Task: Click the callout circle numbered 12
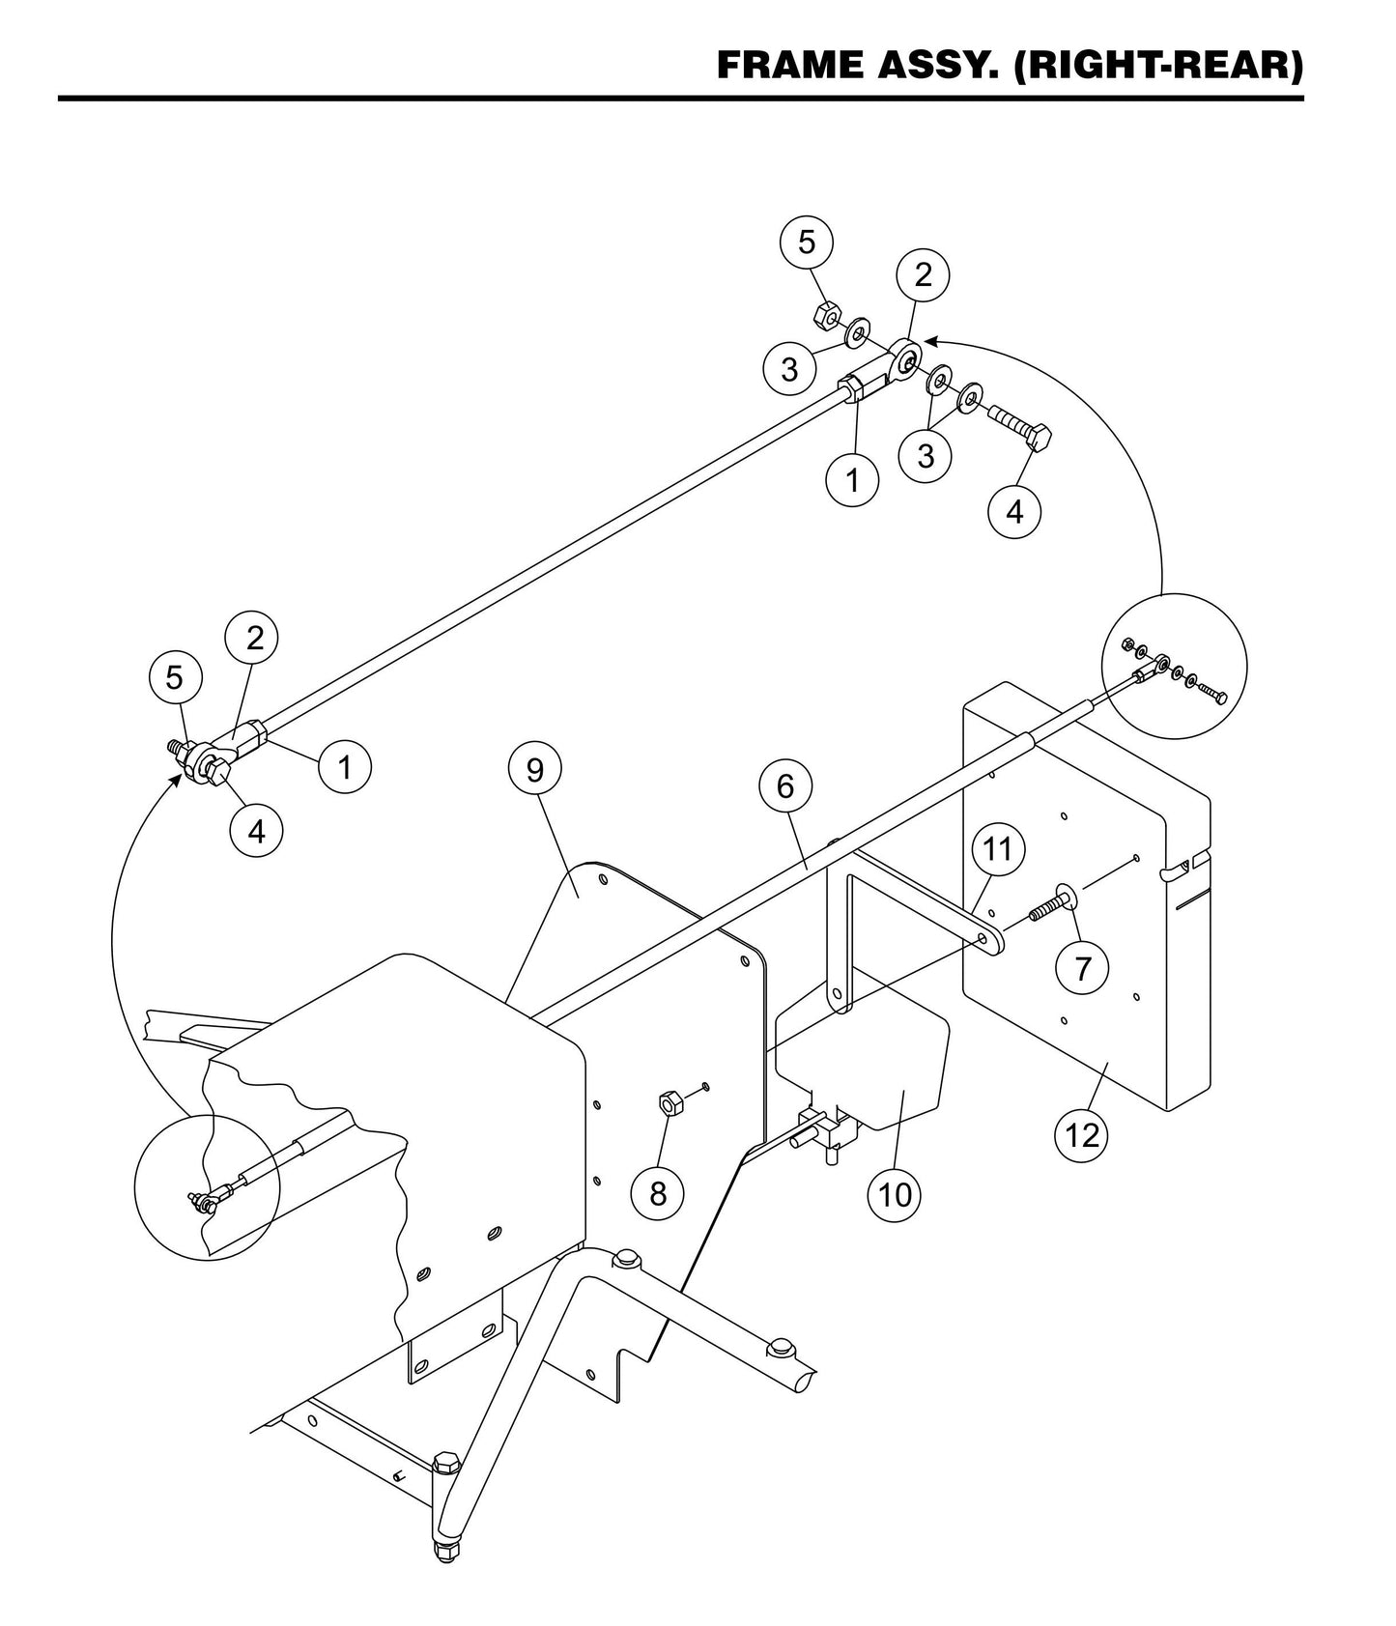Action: pos(1082,1134)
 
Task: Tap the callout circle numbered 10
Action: pos(896,1194)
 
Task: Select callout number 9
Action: pos(534,770)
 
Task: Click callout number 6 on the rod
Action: pos(784,786)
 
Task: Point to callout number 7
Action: pos(1082,967)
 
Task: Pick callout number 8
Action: pos(658,1193)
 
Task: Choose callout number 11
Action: pos(997,849)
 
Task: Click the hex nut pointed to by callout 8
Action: pos(669,1101)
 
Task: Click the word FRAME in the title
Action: pos(789,66)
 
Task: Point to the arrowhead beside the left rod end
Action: pos(176,779)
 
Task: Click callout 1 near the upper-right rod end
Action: pos(852,479)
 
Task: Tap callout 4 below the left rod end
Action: pos(256,829)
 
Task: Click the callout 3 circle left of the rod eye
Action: pos(789,369)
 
